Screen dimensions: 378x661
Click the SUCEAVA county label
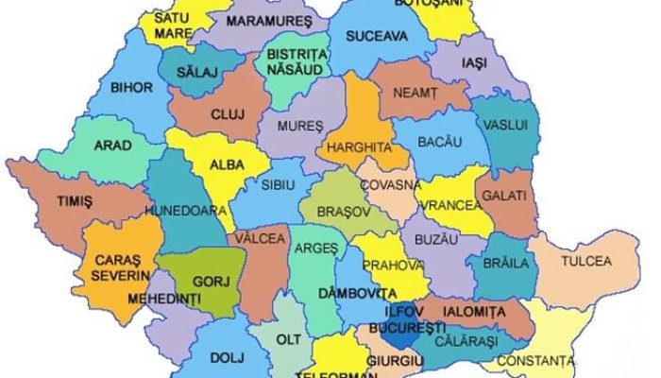tap(377, 37)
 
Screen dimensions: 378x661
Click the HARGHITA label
tap(358, 146)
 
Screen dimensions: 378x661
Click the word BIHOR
tap(131, 88)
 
